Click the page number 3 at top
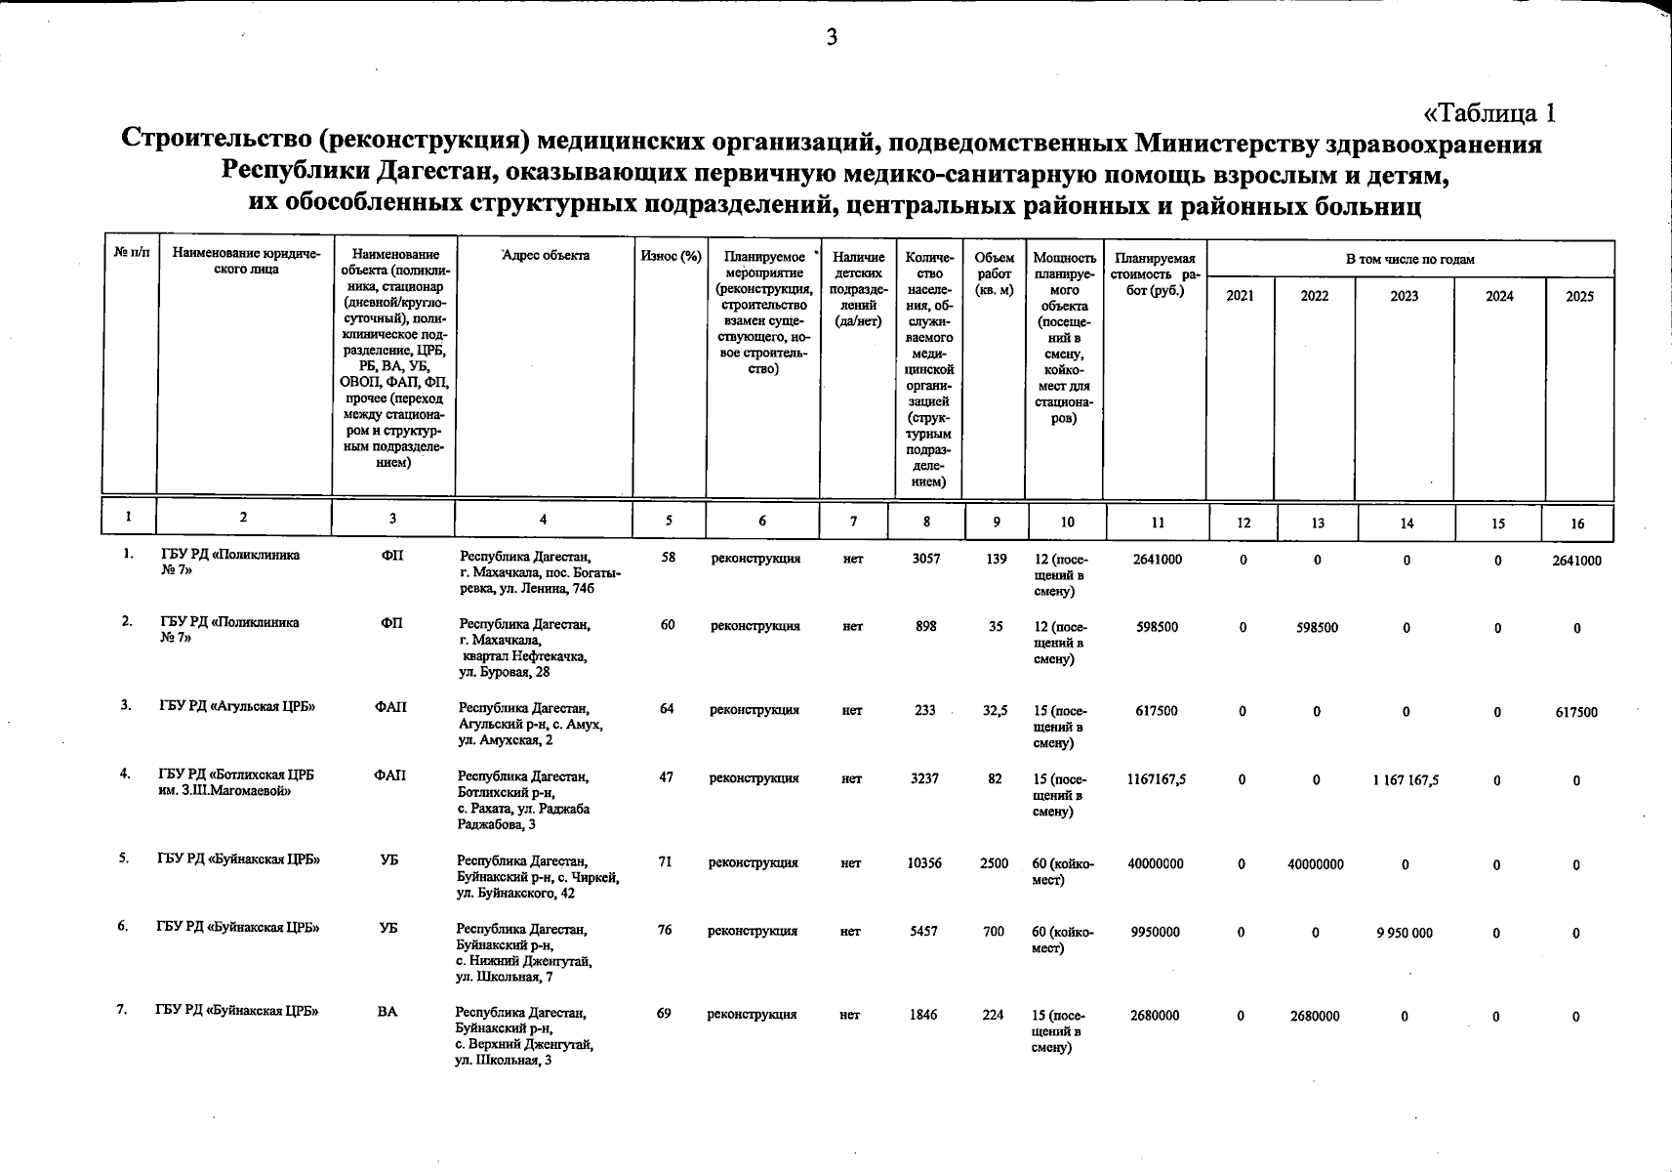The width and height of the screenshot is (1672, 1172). [832, 38]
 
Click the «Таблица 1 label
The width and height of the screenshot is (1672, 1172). [1489, 113]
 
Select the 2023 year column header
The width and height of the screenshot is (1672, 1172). [1404, 296]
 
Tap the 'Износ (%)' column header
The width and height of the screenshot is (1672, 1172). [671, 256]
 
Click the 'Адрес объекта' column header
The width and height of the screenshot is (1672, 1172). [545, 256]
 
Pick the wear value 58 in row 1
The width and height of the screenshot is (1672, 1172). [669, 559]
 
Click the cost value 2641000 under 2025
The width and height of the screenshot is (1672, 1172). [1576, 561]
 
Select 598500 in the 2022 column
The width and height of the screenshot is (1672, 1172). [1317, 628]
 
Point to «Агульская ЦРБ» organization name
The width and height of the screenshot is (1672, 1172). [238, 707]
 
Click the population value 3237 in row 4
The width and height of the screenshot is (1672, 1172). [924, 778]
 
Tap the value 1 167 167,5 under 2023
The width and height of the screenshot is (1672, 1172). [1406, 780]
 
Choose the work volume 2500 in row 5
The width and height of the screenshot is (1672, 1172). [994, 863]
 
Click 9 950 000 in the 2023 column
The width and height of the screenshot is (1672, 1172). [1405, 933]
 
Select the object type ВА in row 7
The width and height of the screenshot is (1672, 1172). [387, 1012]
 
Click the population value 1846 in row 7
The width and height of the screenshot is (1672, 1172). [923, 1015]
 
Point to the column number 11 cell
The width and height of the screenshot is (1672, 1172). [1158, 523]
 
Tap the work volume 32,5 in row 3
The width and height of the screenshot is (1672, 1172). [995, 711]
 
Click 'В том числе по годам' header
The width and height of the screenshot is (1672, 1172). [1409, 259]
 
